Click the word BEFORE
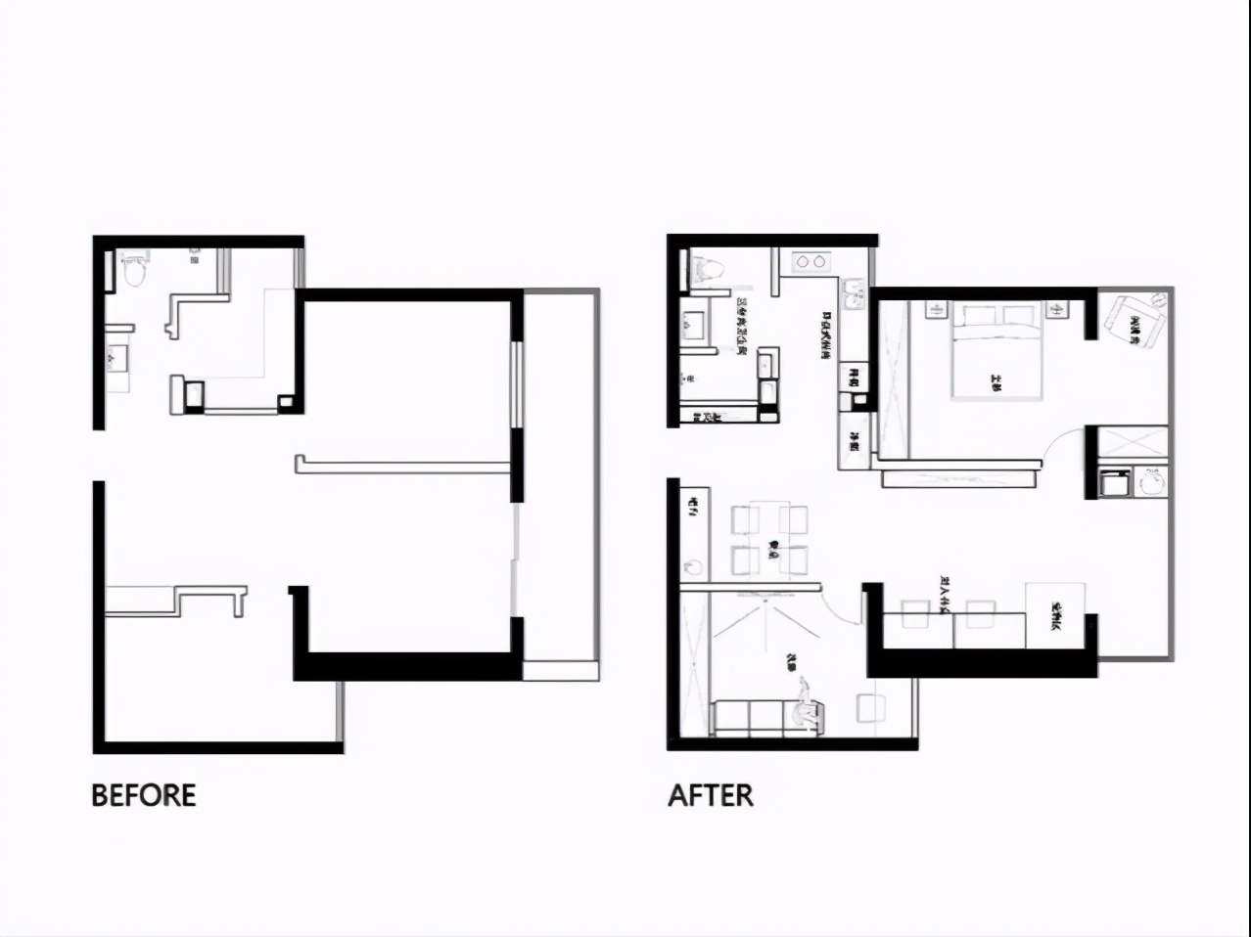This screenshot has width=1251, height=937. tap(144, 794)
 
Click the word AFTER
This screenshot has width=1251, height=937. tap(711, 794)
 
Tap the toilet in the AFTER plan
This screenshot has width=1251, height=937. tap(706, 270)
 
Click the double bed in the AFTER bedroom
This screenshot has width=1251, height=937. tap(996, 352)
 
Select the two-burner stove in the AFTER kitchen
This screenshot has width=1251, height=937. tap(810, 261)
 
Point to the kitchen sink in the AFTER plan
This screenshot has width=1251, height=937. tap(853, 294)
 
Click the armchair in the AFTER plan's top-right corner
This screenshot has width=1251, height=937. tap(1135, 321)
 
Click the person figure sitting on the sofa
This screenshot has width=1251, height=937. tap(806, 704)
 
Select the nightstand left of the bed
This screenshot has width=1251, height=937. tap(935, 310)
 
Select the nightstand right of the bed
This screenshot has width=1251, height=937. tap(1057, 310)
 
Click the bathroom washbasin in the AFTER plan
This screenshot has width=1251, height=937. tap(698, 323)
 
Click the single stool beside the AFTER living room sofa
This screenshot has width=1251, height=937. tap(869, 708)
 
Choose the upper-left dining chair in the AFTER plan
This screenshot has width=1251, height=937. tap(746, 518)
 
